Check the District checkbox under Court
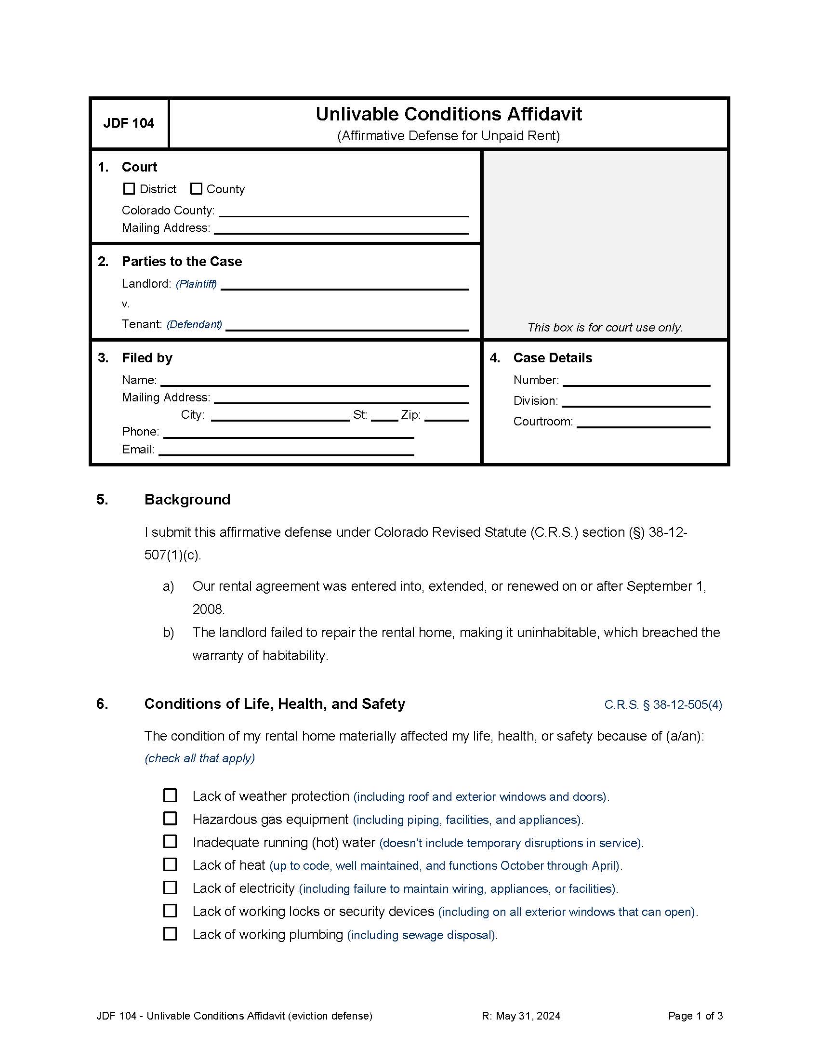[x=129, y=189]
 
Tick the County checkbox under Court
[x=196, y=189]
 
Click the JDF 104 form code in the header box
[x=129, y=123]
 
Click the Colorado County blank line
[x=343, y=212]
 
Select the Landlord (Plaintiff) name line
[x=344, y=285]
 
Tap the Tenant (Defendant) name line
[x=347, y=326]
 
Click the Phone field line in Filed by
[x=289, y=433]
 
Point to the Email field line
[x=286, y=450]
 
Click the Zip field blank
[x=447, y=416]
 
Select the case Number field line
[x=636, y=381]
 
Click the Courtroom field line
[x=643, y=422]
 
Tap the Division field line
[x=636, y=402]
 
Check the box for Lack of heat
[x=170, y=864]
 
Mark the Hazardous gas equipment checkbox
[x=170, y=818]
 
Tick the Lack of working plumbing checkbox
[x=170, y=933]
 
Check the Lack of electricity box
[x=170, y=887]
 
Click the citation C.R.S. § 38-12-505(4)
[x=663, y=704]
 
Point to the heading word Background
[x=187, y=500]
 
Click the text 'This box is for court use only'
[x=605, y=328]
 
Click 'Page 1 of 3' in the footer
[x=695, y=1016]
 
